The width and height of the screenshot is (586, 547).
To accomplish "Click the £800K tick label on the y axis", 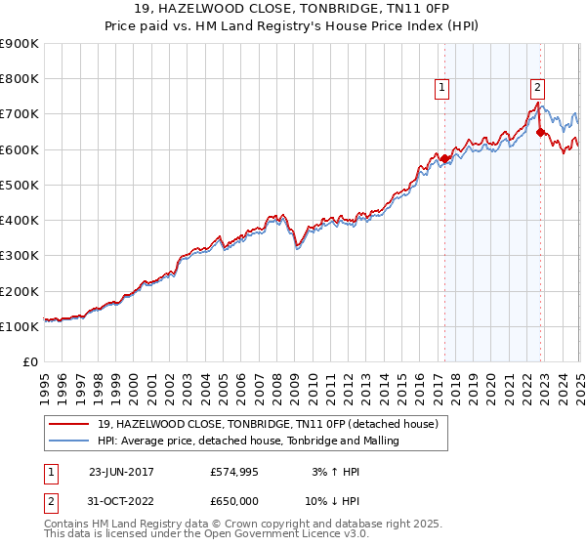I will point(19,79).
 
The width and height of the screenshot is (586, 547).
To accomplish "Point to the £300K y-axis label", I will point(19,256).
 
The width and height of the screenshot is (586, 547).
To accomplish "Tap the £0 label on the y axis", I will point(31,362).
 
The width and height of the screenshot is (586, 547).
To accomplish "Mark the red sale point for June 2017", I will point(445,158).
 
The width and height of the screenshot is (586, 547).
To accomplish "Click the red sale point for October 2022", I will point(540,132).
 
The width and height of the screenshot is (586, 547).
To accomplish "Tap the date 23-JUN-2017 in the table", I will point(121,472).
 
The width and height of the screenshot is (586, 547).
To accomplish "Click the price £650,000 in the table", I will point(234,500).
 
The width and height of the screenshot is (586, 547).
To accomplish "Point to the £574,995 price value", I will point(234,472).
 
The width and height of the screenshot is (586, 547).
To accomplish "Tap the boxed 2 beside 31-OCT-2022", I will point(52,500).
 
